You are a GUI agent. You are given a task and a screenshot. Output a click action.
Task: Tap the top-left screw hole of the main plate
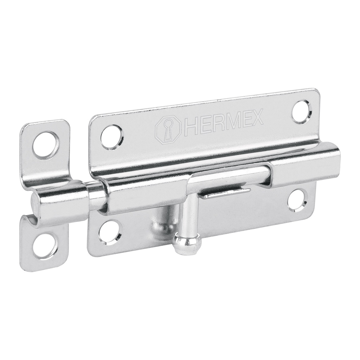click(x=112, y=137)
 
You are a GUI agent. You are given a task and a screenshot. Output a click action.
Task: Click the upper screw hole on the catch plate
click(x=46, y=144)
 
